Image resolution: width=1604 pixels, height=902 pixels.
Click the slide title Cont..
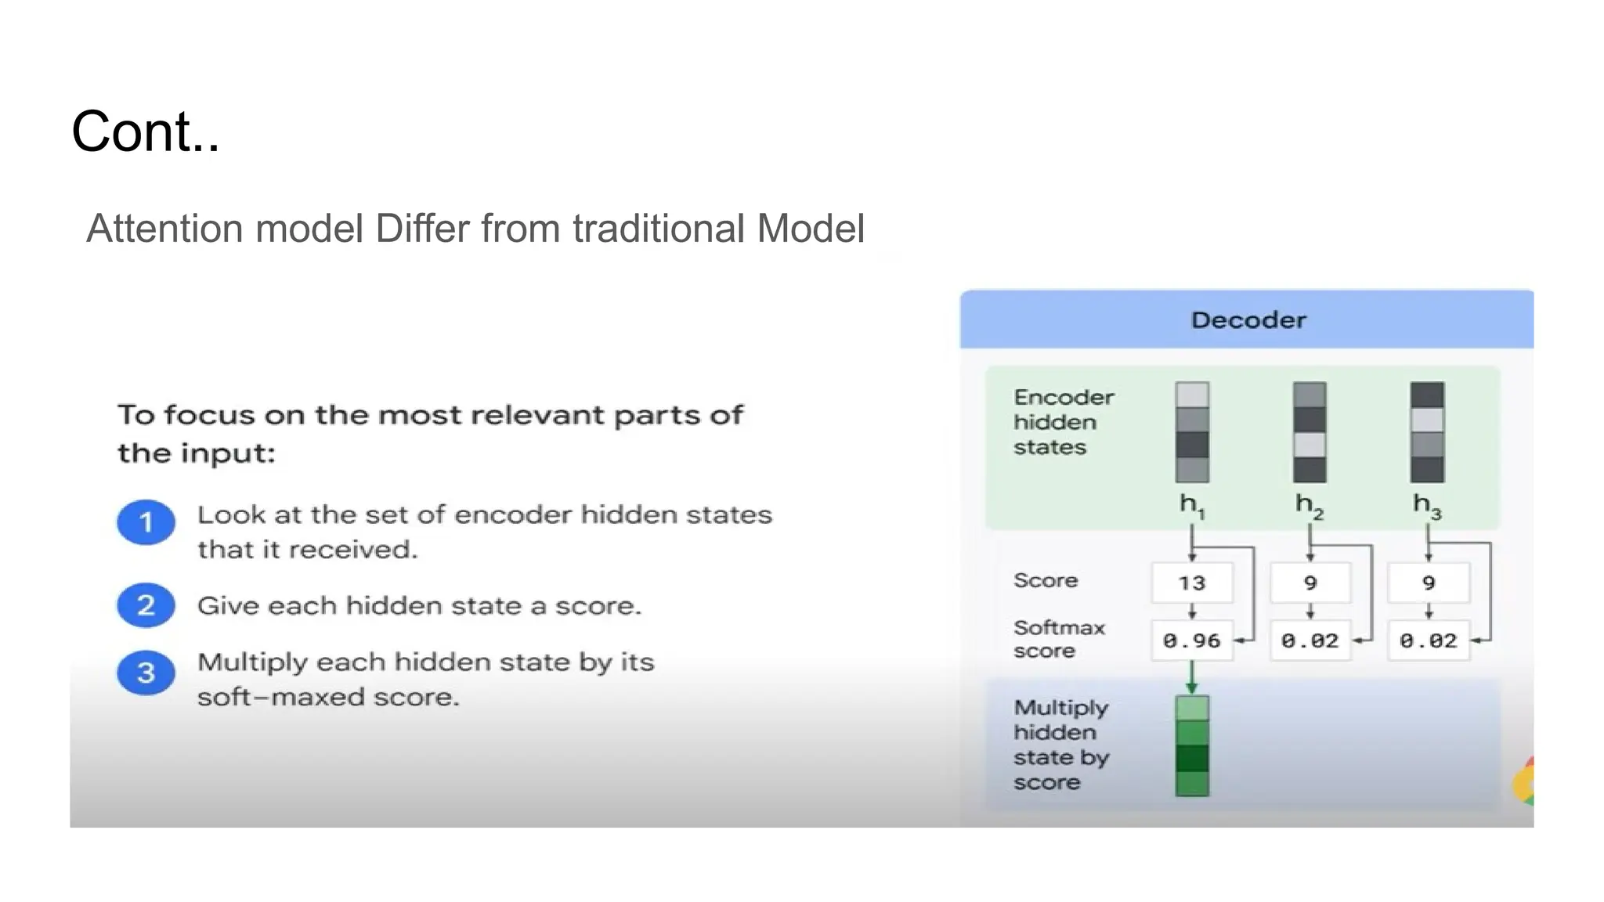pyautogui.click(x=146, y=132)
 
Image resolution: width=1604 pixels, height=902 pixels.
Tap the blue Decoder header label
pyautogui.click(x=1248, y=319)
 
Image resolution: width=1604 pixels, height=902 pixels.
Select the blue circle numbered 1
pyautogui.click(x=146, y=522)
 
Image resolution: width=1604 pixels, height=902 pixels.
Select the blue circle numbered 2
pyautogui.click(x=146, y=605)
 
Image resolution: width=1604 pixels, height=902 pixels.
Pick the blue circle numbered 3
pyautogui.click(x=146, y=673)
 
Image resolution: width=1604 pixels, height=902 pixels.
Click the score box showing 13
pyautogui.click(x=1191, y=583)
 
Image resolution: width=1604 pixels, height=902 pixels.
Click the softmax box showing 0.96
pyautogui.click(x=1191, y=640)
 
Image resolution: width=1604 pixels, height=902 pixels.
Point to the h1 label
pyautogui.click(x=1191, y=505)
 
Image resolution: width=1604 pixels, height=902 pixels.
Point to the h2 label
pyautogui.click(x=1309, y=505)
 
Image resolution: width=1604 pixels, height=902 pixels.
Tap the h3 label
pyautogui.click(x=1426, y=505)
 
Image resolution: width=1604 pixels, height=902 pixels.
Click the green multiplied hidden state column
pyautogui.click(x=1191, y=745)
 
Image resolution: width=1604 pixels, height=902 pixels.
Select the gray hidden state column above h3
pyautogui.click(x=1427, y=432)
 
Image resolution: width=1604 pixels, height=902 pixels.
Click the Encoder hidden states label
pyautogui.click(x=1063, y=422)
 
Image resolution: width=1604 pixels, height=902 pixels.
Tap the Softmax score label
pyautogui.click(x=1057, y=639)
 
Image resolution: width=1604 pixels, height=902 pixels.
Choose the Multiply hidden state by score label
pyautogui.click(x=1060, y=745)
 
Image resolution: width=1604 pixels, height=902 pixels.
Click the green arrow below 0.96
pyautogui.click(x=1191, y=678)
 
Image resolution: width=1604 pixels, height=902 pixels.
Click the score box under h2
pyautogui.click(x=1310, y=583)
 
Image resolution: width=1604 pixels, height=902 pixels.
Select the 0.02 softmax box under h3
pyautogui.click(x=1428, y=640)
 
